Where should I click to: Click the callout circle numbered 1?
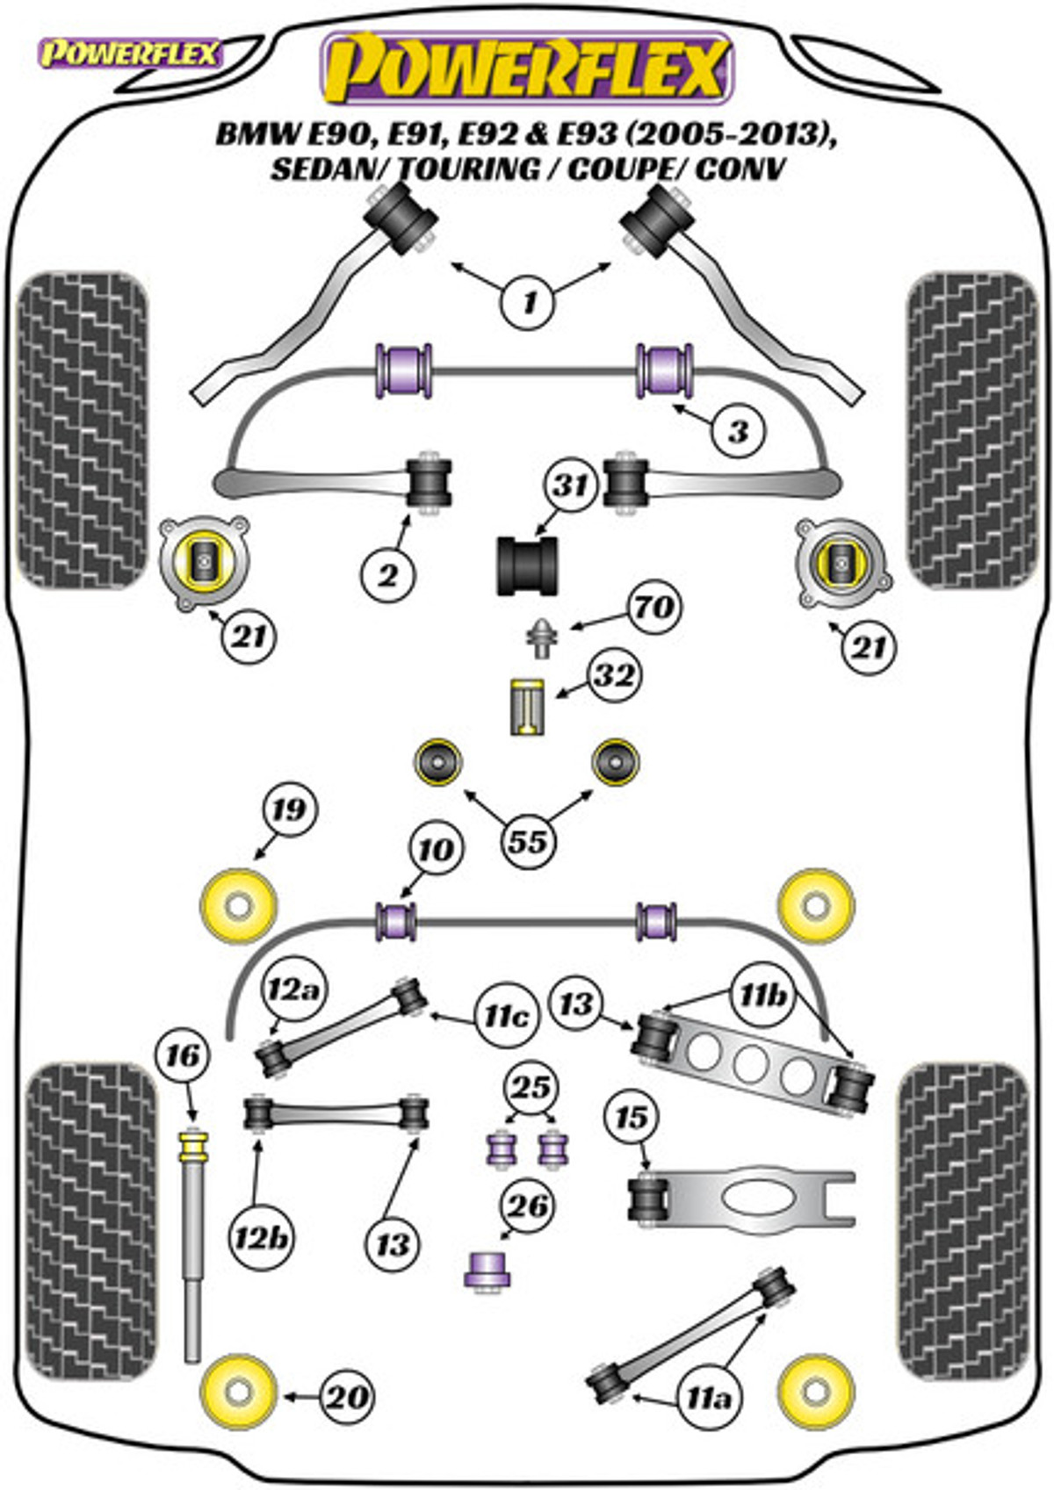tap(529, 303)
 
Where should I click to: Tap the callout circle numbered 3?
tap(739, 432)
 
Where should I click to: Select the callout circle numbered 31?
tap(572, 485)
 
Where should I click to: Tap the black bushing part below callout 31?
tap(528, 565)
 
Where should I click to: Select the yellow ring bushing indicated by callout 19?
tap(238, 905)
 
